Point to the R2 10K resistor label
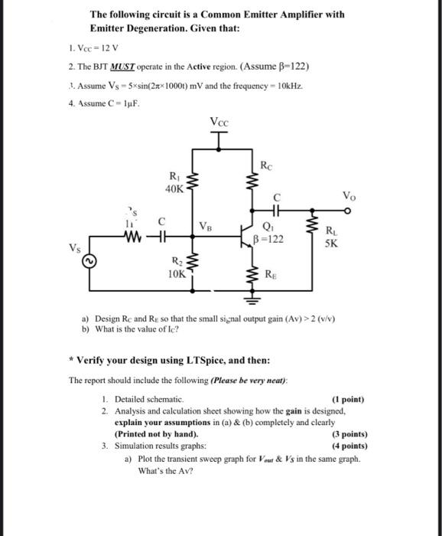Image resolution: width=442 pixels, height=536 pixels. tap(175, 269)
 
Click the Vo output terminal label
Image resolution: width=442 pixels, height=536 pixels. tap(351, 194)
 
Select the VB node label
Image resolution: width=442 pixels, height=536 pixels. tap(206, 227)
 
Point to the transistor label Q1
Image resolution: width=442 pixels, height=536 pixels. tap(268, 227)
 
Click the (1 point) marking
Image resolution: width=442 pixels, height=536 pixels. tap(349, 399)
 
